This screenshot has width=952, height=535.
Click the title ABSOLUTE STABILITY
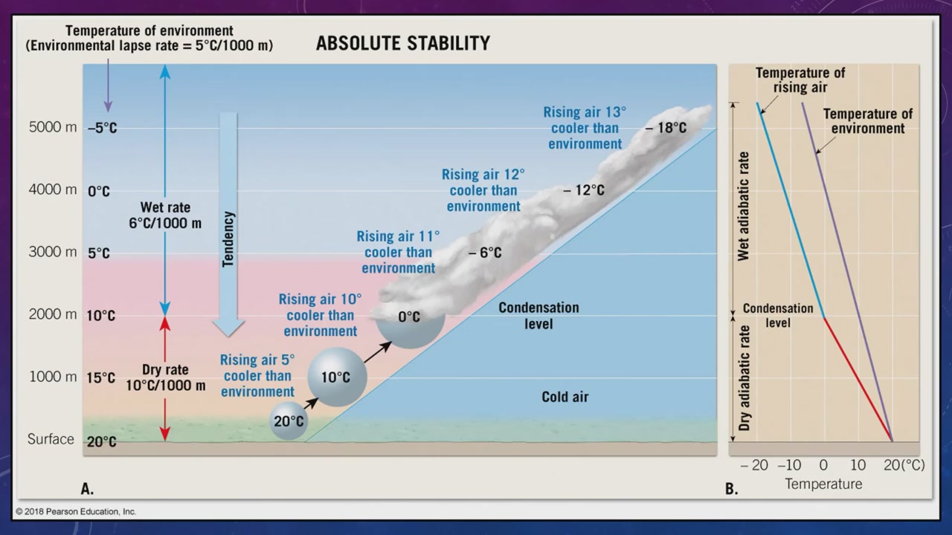(403, 43)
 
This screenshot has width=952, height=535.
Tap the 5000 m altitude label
(53, 127)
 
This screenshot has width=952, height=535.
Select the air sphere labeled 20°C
(289, 421)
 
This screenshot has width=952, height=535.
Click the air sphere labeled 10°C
(337, 377)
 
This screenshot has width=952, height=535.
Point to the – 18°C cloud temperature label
(666, 127)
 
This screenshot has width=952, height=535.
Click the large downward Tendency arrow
(228, 224)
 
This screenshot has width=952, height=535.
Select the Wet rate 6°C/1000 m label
(165, 215)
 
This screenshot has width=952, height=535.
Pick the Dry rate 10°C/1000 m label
(166, 377)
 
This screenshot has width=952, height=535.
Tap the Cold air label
(565, 397)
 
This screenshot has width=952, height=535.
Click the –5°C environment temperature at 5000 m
(103, 128)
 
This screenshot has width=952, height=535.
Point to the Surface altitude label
(51, 438)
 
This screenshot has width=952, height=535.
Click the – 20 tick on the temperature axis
(754, 465)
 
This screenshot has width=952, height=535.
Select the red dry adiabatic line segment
(858, 380)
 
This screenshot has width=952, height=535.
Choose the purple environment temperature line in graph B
(847, 272)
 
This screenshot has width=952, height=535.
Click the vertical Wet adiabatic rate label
(743, 206)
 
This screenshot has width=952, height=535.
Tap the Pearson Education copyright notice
(76, 512)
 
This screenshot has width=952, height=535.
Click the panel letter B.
(731, 489)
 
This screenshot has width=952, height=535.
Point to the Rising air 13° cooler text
(585, 128)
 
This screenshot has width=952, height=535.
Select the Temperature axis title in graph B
(823, 484)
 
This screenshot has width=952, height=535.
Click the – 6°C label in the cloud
(485, 253)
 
